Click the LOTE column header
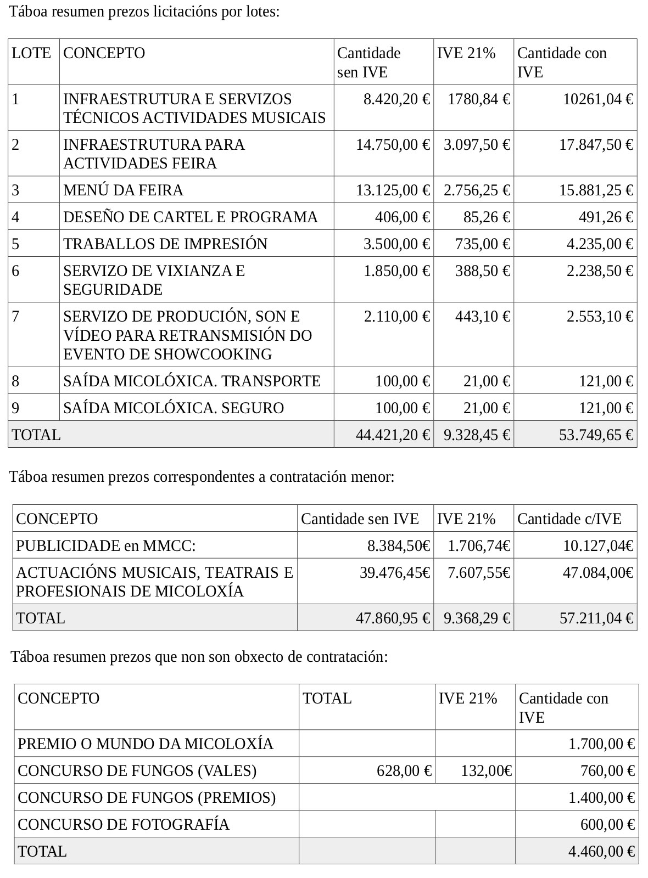pyautogui.click(x=31, y=53)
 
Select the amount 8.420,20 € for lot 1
pyautogui.click(x=396, y=99)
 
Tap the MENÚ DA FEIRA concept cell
pyautogui.click(x=123, y=190)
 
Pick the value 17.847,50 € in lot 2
pyautogui.click(x=596, y=144)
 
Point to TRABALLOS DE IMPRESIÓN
pyautogui.click(x=165, y=244)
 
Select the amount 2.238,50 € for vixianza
pyautogui.click(x=600, y=271)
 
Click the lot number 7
pyautogui.click(x=16, y=316)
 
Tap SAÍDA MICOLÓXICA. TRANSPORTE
pyautogui.click(x=192, y=381)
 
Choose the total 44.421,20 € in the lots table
pyautogui.click(x=393, y=435)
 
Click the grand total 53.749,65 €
pyautogui.click(x=596, y=435)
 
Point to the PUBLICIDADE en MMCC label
pyautogui.click(x=106, y=546)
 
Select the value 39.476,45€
pyautogui.click(x=395, y=573)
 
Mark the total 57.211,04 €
pyautogui.click(x=596, y=618)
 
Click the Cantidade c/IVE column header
pyautogui.click(x=569, y=519)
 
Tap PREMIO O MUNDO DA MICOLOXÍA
pyautogui.click(x=146, y=744)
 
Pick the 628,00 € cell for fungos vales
pyautogui.click(x=404, y=771)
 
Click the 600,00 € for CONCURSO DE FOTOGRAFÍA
pyautogui.click(x=607, y=825)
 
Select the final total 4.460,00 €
pyautogui.click(x=601, y=852)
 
